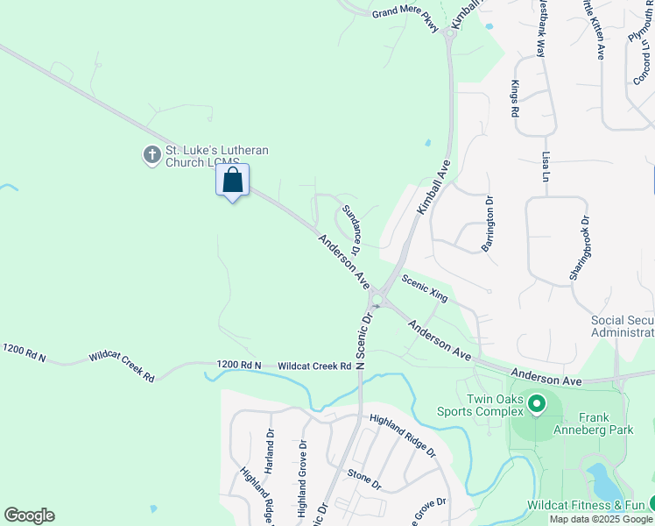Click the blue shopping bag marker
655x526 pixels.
[x=232, y=181]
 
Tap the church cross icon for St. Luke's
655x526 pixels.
[x=151, y=155]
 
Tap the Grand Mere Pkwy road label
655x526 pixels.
[x=405, y=13]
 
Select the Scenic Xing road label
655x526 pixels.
[x=425, y=288]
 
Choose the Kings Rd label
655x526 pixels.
[x=515, y=99]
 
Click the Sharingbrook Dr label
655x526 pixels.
[x=580, y=249]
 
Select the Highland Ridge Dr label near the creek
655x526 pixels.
[x=402, y=436]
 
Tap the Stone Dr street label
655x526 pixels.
[x=364, y=480]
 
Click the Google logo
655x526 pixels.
[x=29, y=515]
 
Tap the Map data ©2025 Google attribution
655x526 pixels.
[x=602, y=519]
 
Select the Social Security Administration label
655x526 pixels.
[x=623, y=326]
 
